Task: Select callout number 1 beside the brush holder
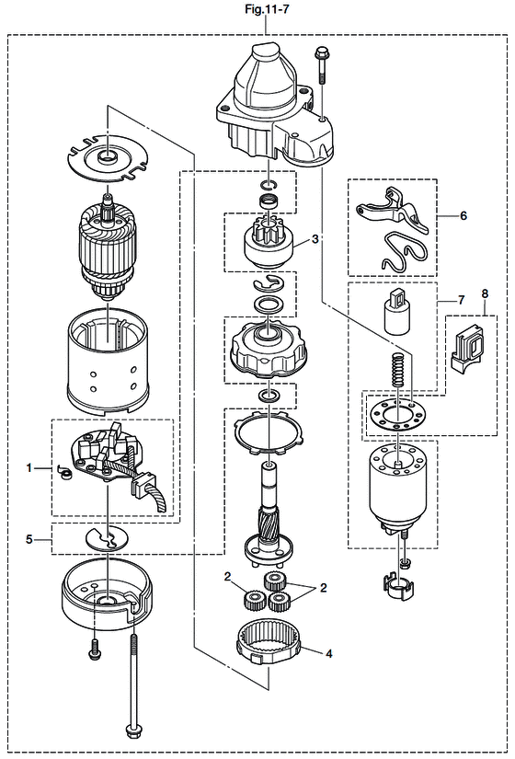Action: point(29,468)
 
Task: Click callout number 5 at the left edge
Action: point(29,539)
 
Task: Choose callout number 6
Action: point(463,215)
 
